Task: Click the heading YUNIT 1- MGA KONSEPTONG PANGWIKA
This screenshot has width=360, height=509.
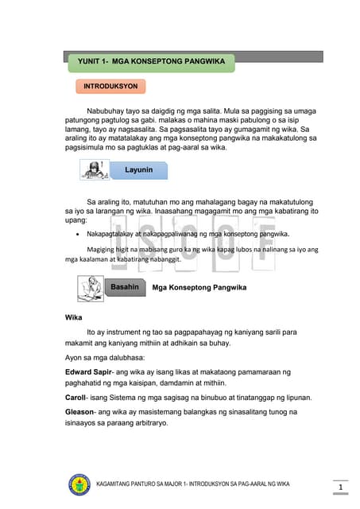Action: pos(151,61)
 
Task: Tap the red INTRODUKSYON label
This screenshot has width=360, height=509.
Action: pos(111,85)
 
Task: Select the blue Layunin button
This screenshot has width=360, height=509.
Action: pos(138,170)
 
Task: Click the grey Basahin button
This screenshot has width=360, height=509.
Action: pos(125,286)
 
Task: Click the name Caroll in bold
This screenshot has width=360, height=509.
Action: pos(77,397)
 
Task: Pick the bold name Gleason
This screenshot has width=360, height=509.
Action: pos(83,412)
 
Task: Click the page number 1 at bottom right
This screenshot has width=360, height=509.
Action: pos(339,487)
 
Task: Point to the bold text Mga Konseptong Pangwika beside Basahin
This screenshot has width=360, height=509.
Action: pos(199,287)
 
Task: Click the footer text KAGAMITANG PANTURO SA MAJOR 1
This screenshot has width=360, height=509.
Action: pos(159,484)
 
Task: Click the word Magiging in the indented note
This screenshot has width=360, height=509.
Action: pos(102,248)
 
